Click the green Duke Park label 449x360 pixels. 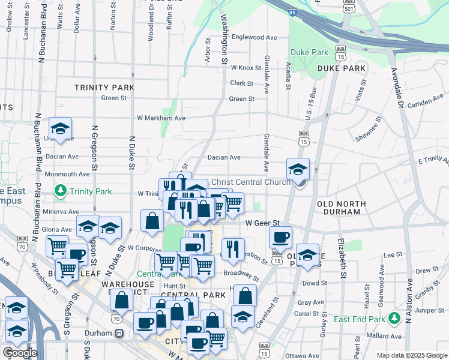[309, 52]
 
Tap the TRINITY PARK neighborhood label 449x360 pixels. [104, 88]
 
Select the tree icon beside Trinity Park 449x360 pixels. [60, 192]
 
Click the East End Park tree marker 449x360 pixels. [394, 318]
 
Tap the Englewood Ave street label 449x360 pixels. [254, 37]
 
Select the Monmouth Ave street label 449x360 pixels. [67, 174]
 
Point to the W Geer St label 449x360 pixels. [264, 223]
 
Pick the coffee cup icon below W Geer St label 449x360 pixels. [280, 238]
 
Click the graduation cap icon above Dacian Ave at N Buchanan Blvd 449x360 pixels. [60, 128]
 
